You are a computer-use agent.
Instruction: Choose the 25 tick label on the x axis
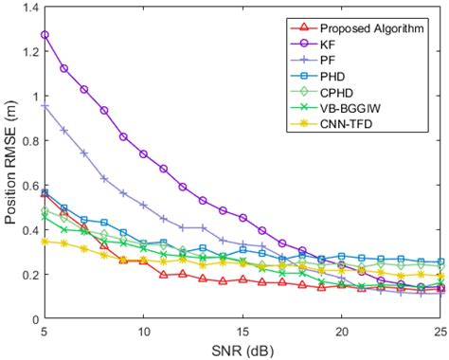click(x=440, y=333)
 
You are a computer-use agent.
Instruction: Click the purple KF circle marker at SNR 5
click(x=45, y=35)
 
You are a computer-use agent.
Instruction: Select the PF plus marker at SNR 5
click(x=45, y=106)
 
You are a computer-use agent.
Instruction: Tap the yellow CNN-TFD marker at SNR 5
click(x=45, y=241)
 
